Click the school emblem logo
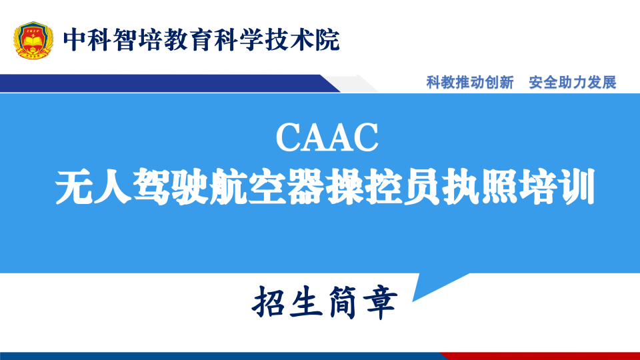33,40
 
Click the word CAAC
327,137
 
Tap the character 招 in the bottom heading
268,303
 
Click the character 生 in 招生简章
306,303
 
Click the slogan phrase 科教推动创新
470,83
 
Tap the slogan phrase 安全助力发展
572,83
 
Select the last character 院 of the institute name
327,40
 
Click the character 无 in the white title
74,187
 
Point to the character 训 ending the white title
577,187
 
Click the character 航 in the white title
229,187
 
